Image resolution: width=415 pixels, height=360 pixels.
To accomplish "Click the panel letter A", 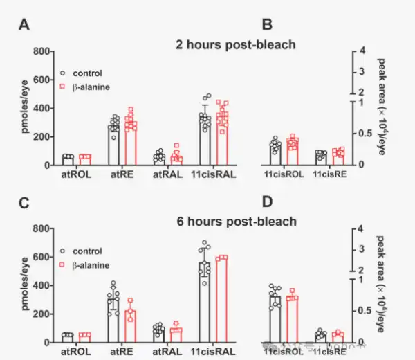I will tap(25, 26).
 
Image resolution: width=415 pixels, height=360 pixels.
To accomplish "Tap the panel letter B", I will tap(268, 26).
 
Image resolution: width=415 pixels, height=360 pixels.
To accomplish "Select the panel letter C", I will tap(25, 204).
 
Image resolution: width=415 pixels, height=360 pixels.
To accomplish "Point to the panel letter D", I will tap(268, 204).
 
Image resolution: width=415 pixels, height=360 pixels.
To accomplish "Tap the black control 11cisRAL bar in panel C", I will tap(204, 305).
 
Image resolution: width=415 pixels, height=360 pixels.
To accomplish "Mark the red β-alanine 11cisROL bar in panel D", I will tap(292, 320).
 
